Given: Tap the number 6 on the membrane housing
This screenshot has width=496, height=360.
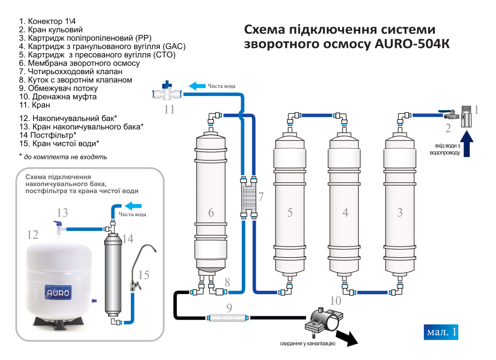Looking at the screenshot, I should [x=211, y=212].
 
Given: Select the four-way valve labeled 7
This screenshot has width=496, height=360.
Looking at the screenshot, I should [x=250, y=198].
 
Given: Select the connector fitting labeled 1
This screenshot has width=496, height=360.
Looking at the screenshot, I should [x=466, y=117].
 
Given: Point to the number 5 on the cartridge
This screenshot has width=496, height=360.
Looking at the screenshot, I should [x=290, y=212].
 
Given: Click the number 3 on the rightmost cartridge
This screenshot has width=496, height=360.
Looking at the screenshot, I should [x=400, y=212].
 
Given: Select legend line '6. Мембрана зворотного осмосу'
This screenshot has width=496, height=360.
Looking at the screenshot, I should [x=79, y=63].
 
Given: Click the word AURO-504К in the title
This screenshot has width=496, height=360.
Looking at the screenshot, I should [x=412, y=44].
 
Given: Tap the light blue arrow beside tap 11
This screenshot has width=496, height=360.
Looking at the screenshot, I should [x=197, y=86].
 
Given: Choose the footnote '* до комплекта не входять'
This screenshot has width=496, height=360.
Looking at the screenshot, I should [x=63, y=157].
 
